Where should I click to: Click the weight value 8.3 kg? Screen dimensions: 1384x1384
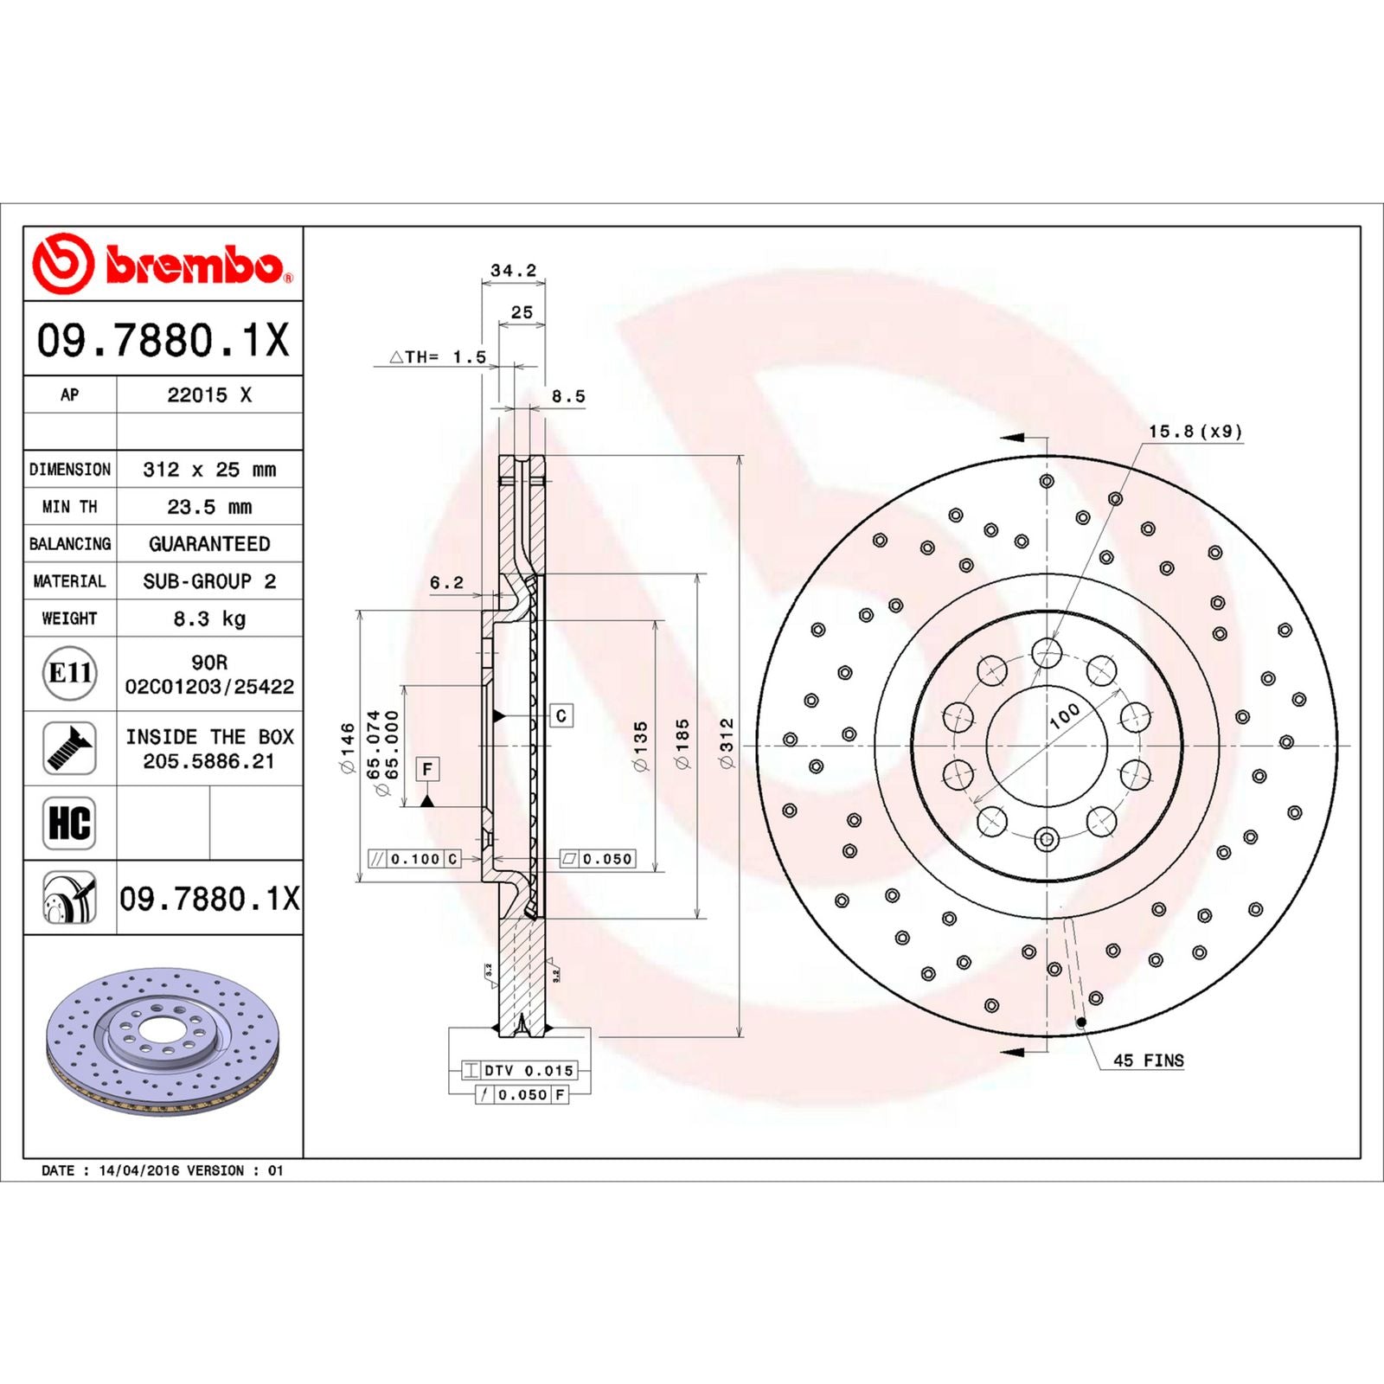click(x=209, y=618)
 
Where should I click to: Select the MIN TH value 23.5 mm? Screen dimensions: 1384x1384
click(x=209, y=507)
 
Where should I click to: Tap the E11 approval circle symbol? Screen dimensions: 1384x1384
click(x=69, y=673)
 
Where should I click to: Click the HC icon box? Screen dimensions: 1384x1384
click(x=69, y=823)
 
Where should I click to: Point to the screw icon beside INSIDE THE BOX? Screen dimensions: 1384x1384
click(x=69, y=748)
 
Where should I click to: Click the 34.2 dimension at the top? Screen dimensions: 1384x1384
click(x=513, y=271)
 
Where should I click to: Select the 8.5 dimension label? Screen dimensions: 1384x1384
click(x=568, y=396)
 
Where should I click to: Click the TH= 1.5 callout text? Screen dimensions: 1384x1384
click(x=439, y=357)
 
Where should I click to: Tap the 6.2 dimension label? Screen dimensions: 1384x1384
click(x=447, y=583)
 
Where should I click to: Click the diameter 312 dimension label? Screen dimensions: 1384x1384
click(x=727, y=743)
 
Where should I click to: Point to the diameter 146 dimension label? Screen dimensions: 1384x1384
click(x=348, y=747)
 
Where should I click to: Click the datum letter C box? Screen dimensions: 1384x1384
click(x=561, y=715)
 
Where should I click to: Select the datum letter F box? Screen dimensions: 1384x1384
click(x=427, y=769)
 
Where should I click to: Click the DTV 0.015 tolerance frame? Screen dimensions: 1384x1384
click(x=519, y=1070)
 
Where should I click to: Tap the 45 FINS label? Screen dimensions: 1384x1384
click(x=1148, y=1060)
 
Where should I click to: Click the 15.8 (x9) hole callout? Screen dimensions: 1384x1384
click(x=1195, y=431)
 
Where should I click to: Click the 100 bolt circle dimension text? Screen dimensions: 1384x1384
click(x=1064, y=715)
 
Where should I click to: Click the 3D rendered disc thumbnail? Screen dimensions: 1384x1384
click(x=163, y=1041)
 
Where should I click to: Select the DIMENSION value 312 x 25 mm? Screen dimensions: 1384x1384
click(x=209, y=470)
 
